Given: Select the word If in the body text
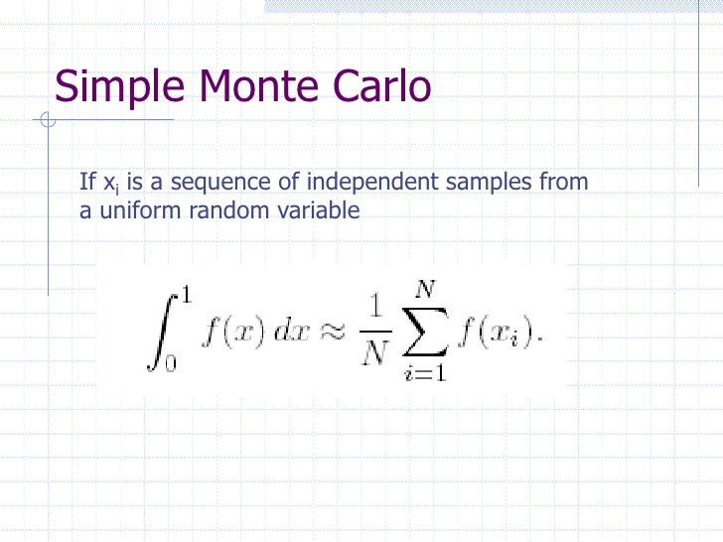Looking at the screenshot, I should click(x=87, y=183).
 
